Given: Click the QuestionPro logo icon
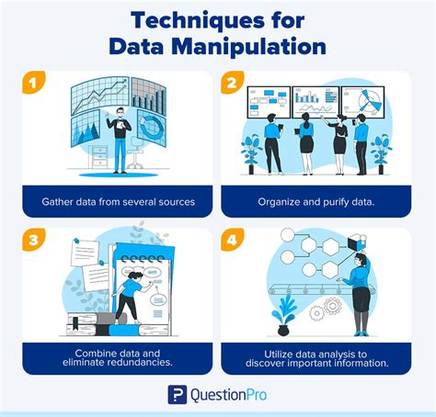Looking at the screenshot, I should pos(177,395).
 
